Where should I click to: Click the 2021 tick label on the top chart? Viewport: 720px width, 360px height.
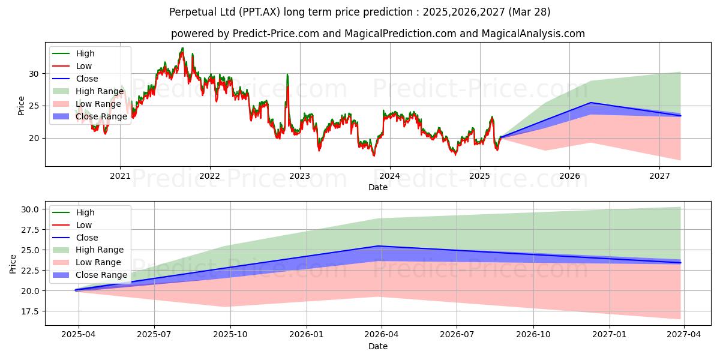pyautogui.click(x=120, y=176)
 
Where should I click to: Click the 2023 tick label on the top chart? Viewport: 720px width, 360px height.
pyautogui.click(x=299, y=176)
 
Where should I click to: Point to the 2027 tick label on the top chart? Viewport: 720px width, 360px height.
pyautogui.click(x=659, y=176)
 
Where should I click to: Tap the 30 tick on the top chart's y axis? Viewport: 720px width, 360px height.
pyautogui.click(x=35, y=74)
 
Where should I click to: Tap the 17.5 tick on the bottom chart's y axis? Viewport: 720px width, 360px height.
pyautogui.click(x=31, y=311)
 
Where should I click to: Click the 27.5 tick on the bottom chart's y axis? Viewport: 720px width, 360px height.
pyautogui.click(x=31, y=230)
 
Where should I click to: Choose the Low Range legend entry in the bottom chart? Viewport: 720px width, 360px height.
pyautogui.click(x=97, y=262)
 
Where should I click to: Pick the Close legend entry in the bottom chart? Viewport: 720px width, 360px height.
pyautogui.click(x=88, y=238)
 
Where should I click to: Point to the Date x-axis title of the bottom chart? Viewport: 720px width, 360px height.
pyautogui.click(x=378, y=346)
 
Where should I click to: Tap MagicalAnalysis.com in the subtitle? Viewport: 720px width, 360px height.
pyautogui.click(x=535, y=34)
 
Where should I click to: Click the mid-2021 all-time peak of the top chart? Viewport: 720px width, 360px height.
pyautogui.click(x=182, y=49)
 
